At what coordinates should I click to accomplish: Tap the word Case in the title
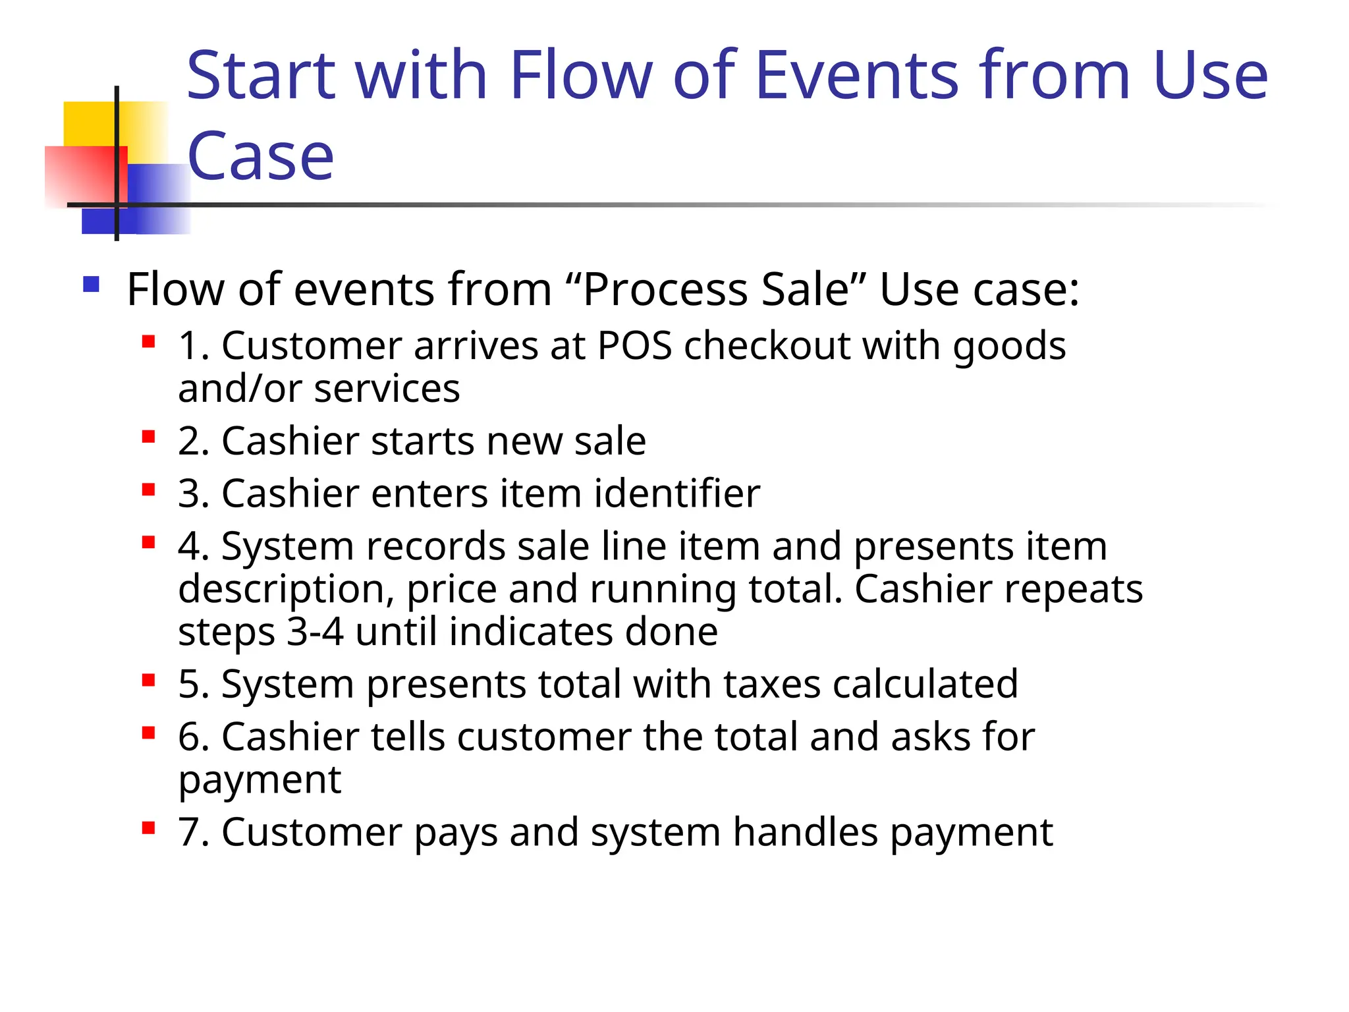(x=261, y=157)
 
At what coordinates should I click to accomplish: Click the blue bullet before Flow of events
(x=91, y=285)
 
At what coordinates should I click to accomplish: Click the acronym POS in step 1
(x=634, y=346)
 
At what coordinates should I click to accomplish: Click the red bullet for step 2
(x=148, y=437)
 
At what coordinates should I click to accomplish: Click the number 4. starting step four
(x=194, y=546)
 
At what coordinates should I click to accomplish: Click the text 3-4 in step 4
(x=315, y=632)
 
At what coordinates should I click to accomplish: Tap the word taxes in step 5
(x=771, y=684)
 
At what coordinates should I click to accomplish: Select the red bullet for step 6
(x=148, y=733)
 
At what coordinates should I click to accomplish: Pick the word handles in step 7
(x=805, y=832)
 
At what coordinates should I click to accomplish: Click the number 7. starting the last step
(x=194, y=832)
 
